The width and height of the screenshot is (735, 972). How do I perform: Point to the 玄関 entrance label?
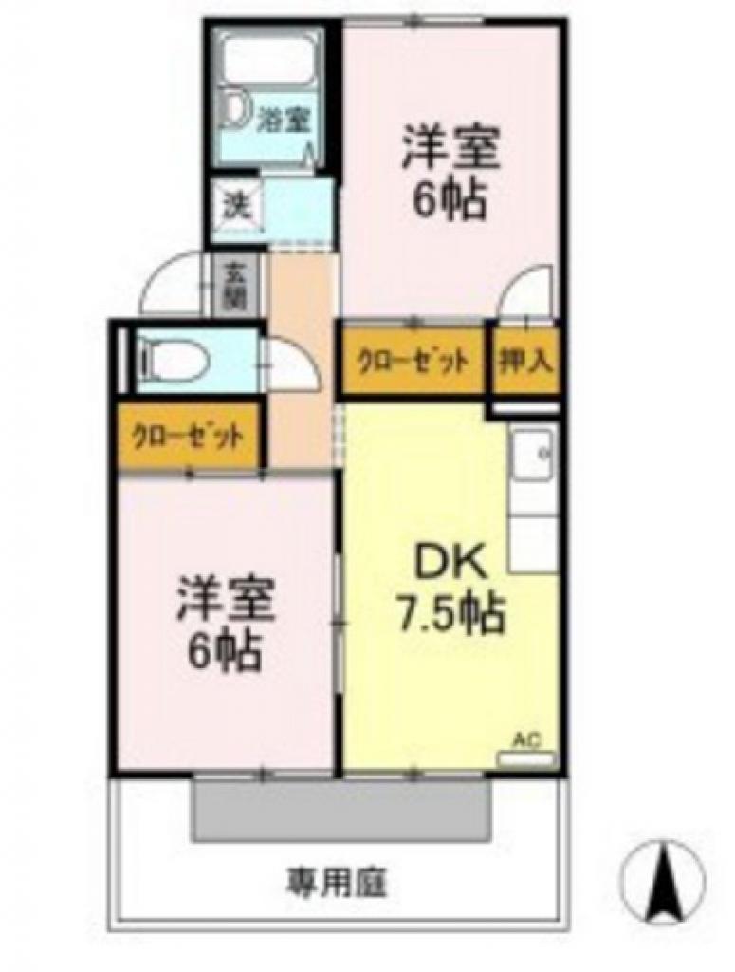tap(233, 284)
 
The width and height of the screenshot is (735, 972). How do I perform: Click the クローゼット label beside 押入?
tap(413, 361)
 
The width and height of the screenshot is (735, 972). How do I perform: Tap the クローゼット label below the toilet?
tap(188, 438)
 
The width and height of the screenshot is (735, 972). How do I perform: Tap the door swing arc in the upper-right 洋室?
tap(527, 289)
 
